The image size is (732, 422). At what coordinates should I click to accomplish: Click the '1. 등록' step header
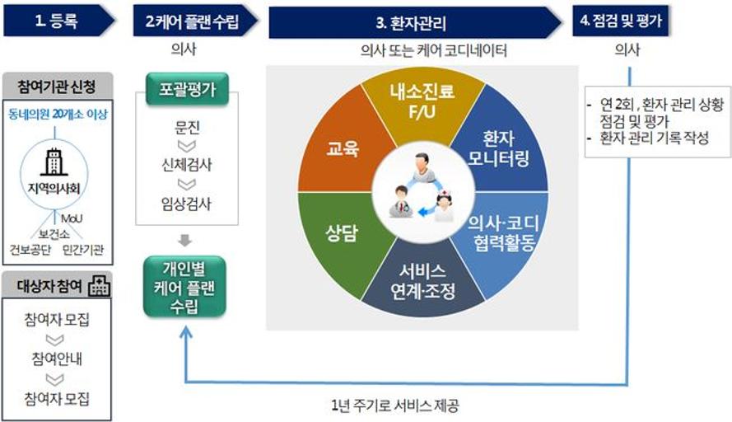[58, 21]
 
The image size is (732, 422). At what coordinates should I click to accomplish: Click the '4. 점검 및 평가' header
[620, 21]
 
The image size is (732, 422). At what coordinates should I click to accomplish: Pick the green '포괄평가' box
[187, 89]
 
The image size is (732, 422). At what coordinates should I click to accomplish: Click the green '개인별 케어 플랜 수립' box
[185, 287]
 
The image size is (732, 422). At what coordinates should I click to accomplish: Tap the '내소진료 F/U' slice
[422, 103]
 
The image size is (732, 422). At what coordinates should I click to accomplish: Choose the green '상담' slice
[343, 232]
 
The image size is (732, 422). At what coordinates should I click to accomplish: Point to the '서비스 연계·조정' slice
[422, 280]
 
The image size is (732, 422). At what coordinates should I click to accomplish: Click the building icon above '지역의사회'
[54, 162]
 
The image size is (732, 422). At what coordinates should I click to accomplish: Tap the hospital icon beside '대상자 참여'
[99, 285]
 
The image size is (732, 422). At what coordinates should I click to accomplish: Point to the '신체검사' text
[187, 165]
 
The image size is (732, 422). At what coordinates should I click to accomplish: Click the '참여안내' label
[57, 359]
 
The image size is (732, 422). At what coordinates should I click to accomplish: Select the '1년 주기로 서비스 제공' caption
[395, 406]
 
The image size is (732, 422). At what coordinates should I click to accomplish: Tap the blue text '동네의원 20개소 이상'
[58, 114]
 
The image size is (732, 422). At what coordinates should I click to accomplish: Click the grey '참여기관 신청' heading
[57, 86]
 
